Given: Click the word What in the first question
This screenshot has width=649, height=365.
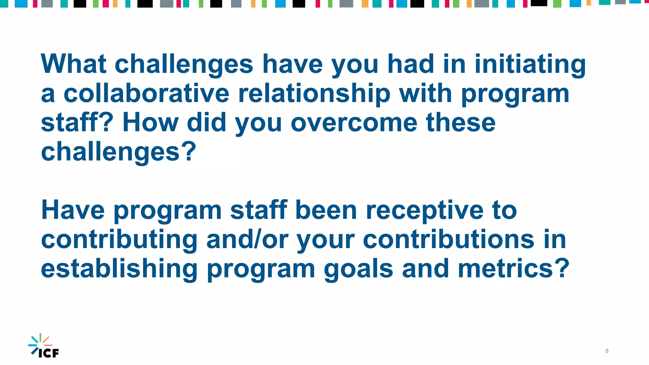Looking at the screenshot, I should pos(74,64).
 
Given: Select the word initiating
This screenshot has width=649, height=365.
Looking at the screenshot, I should pos(530,64).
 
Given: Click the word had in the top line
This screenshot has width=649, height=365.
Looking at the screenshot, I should pos(411,64).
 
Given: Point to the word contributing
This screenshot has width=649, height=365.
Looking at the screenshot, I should pos(119,240).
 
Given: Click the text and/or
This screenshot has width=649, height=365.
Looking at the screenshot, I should pos(247,240).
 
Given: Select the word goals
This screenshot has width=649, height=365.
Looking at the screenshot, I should pos(358,269).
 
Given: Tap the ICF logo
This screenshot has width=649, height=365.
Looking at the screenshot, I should pos(44,346).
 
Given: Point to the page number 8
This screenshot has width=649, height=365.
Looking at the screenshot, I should pos(607,351).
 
